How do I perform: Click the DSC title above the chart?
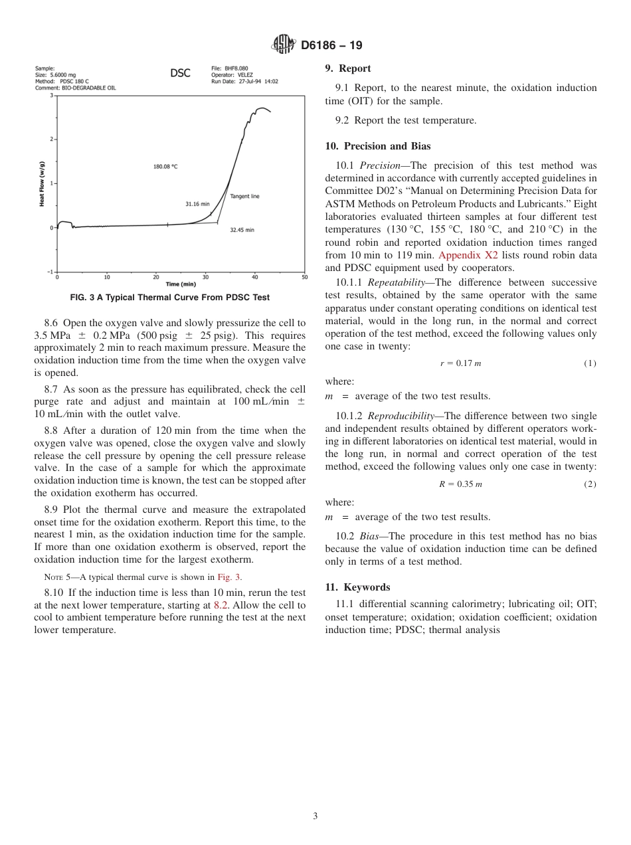(x=180, y=73)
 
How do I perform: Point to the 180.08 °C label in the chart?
(x=165, y=167)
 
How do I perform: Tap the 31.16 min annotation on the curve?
(x=197, y=204)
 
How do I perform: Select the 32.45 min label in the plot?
(x=242, y=230)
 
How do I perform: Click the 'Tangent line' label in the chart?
(x=244, y=197)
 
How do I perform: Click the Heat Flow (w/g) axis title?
(x=42, y=184)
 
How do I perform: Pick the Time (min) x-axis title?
(x=181, y=284)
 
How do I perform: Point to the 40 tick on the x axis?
(x=255, y=277)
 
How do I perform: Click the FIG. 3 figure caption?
(x=169, y=298)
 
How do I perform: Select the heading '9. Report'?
(x=347, y=68)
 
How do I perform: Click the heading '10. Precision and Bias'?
(x=377, y=146)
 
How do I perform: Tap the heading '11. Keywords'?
(x=357, y=587)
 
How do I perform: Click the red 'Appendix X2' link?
(x=462, y=255)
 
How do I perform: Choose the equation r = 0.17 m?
(x=460, y=363)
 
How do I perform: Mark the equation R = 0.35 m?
(x=460, y=484)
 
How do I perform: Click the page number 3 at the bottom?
(x=315, y=816)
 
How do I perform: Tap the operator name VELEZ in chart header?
(x=246, y=75)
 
